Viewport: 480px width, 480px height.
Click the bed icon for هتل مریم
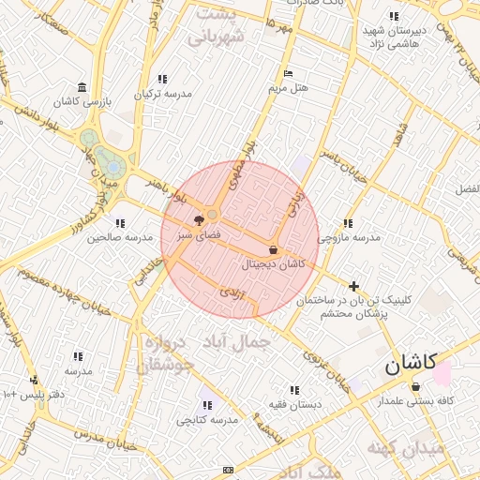(288, 73)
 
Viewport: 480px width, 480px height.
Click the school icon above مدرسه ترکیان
(163, 80)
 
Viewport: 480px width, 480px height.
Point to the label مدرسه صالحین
(118, 237)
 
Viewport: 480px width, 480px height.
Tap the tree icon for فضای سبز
(198, 220)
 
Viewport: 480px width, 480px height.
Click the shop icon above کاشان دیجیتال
(273, 250)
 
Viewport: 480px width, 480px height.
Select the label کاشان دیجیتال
(274, 264)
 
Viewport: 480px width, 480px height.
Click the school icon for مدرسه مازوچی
(348, 223)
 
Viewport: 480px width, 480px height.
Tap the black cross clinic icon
(353, 286)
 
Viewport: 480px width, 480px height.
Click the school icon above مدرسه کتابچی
(207, 405)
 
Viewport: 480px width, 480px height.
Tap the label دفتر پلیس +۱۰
(34, 395)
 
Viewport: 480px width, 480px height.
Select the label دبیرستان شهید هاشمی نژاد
(395, 37)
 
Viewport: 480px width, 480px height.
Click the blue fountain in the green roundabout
(113, 167)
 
